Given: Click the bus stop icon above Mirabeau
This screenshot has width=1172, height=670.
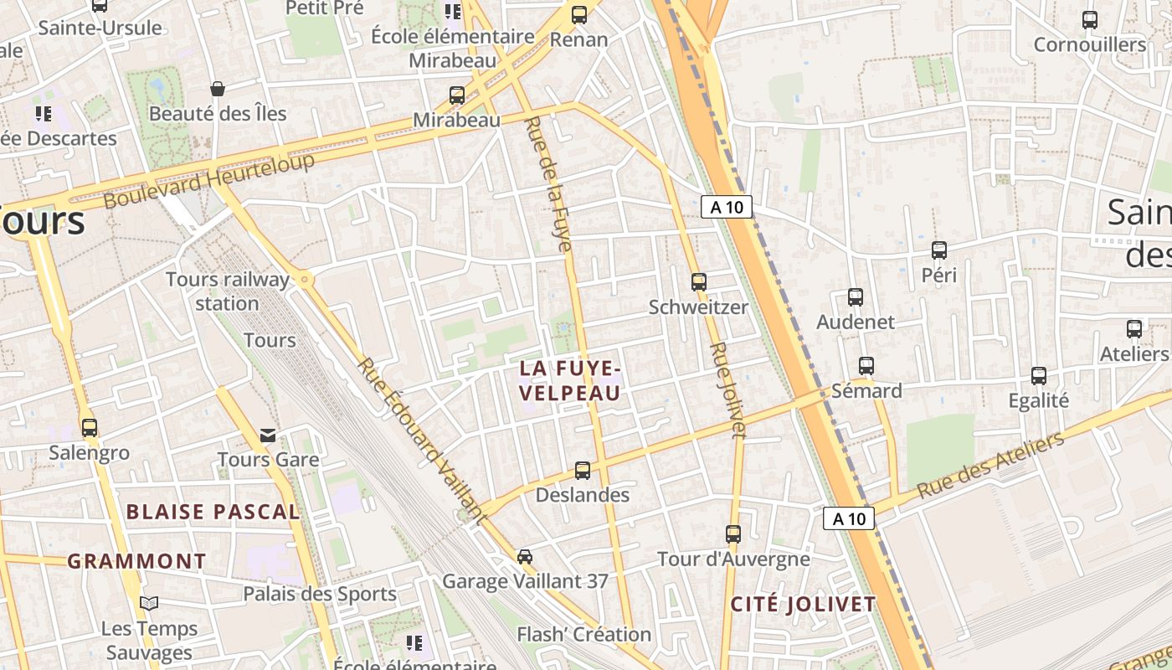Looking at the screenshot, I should pos(457,95).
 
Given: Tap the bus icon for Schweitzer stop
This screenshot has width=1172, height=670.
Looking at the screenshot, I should pos(699,282).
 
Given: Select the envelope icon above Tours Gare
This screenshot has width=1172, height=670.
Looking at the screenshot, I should pos(268,435).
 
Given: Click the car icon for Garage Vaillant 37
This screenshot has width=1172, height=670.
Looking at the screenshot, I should pos(525,557).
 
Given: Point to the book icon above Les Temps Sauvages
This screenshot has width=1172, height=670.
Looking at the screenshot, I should pos(149,604).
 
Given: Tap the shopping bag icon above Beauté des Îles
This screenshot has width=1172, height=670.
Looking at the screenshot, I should pos(218,89).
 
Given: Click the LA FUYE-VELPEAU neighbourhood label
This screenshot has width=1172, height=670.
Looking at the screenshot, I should pos(570,380).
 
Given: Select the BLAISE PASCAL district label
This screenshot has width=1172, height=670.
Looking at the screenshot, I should pos(213,512).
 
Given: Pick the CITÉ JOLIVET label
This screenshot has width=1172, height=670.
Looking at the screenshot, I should pos(803,604).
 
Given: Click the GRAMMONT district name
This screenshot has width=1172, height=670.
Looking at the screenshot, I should pos(136,561).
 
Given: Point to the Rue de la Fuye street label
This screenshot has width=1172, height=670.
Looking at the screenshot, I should pos(548,184).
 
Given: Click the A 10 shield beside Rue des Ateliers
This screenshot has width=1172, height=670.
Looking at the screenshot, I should pos(849,518).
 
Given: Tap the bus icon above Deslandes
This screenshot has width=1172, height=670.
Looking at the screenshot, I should pos(583,471).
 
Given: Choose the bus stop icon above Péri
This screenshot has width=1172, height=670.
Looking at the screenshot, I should pos(939,250).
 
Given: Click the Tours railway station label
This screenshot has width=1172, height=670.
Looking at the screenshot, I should pos(228,291).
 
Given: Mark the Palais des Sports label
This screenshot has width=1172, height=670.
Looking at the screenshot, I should pos(320,594).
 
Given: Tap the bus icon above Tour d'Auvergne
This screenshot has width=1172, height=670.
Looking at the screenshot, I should pos(733,534).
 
